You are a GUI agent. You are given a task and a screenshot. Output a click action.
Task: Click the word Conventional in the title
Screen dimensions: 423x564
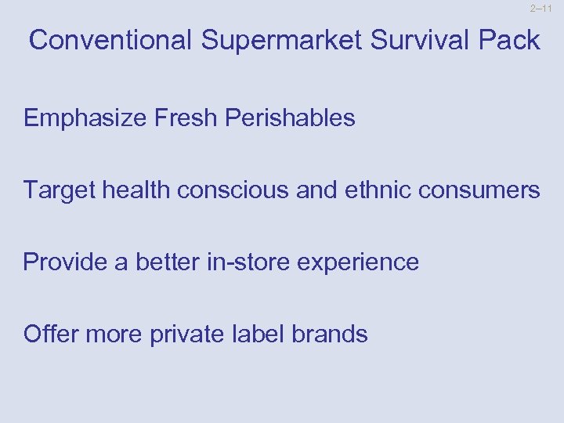click(110, 40)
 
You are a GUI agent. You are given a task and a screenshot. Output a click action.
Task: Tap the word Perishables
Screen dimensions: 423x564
click(290, 118)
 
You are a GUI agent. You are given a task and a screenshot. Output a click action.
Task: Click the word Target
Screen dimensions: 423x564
click(59, 190)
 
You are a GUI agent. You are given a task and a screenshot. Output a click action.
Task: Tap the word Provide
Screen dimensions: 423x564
click(65, 262)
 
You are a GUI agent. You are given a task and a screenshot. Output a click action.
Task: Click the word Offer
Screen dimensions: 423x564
click(50, 334)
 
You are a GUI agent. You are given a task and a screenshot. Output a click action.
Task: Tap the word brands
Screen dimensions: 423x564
click(328, 334)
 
